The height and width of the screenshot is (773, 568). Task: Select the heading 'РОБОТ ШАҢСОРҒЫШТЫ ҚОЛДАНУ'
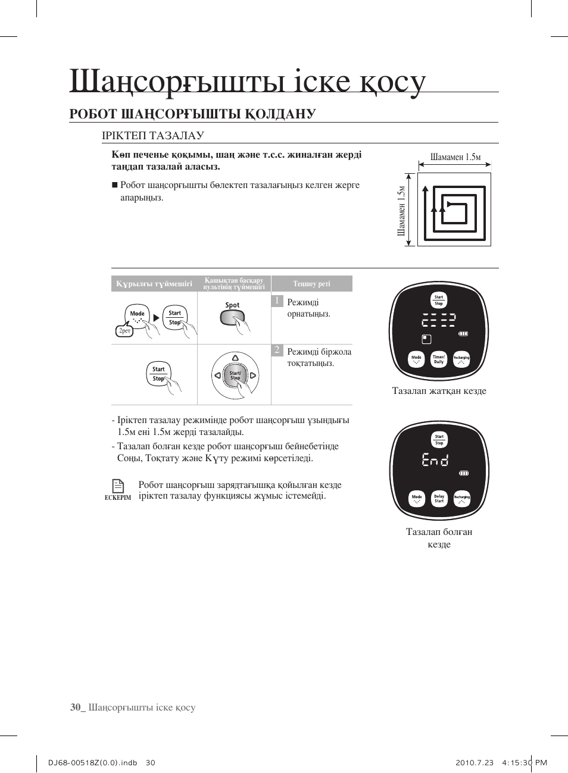192,114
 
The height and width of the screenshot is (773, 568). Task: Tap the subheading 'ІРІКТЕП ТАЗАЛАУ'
153,136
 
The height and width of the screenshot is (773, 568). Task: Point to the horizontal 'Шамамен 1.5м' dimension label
455,157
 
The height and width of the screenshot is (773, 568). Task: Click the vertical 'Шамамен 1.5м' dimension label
401,210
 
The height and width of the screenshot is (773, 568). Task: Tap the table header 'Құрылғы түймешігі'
154,284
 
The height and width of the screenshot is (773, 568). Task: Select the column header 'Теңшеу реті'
311,284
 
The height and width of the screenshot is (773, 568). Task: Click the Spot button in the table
232,316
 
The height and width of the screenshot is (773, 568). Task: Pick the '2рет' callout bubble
124,331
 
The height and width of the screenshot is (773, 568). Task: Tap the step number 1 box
276,301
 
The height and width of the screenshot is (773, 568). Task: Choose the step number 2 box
276,350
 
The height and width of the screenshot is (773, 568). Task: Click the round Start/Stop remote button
235,376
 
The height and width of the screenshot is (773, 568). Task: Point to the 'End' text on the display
435,459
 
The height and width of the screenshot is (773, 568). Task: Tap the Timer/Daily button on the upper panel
439,359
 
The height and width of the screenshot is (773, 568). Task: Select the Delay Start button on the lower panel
439,499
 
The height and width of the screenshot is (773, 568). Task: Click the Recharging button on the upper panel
461,359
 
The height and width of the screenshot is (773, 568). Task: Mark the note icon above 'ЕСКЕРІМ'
118,486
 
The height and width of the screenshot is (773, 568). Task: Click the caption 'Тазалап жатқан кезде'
439,391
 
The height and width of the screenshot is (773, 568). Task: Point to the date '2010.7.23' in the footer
474,763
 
